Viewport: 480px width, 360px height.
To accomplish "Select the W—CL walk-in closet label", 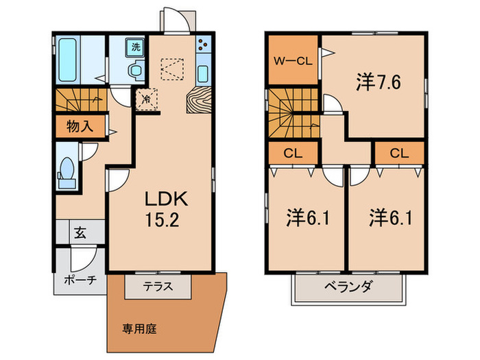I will coord(293,60).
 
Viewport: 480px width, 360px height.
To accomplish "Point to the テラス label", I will coord(158,287).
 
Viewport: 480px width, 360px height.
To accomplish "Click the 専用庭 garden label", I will coord(139,328).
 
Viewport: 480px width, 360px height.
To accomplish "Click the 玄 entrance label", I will coord(80,232).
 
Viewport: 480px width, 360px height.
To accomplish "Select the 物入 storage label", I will coord(80,125).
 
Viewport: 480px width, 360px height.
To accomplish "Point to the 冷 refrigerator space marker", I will coord(146,99).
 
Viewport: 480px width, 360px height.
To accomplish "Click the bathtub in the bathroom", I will coord(67,59).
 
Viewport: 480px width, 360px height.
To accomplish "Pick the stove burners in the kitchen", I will coord(204,47).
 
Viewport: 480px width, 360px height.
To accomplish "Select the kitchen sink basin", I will coord(204,73).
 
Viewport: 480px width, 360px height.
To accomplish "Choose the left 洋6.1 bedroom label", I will coord(302,219).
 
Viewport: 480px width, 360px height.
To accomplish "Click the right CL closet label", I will coord(399,154).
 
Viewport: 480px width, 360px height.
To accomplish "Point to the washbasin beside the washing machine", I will coord(136,71).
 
